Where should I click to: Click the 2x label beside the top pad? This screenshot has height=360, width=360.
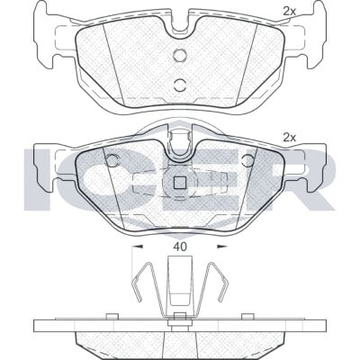point(290,12)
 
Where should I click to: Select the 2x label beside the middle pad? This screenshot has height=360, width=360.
point(290,138)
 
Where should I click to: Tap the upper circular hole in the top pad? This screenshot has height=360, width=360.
point(180,55)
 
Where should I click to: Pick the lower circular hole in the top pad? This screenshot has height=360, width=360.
point(180,85)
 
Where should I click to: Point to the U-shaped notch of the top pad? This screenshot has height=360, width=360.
point(180,23)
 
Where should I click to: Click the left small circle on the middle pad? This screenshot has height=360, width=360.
point(112,160)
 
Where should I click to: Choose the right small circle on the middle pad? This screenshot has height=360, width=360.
point(248,160)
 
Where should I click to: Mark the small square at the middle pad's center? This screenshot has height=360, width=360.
point(180,183)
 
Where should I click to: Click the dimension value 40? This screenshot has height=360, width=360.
point(180,247)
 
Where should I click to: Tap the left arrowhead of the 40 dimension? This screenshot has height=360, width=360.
point(138,247)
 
